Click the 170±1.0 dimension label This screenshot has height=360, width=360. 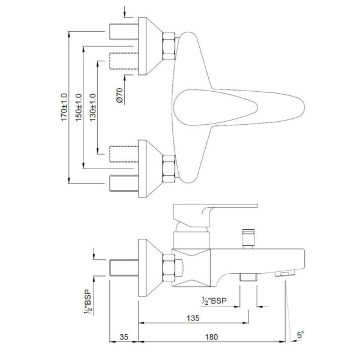(64, 107)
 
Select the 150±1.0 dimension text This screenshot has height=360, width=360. (79, 107)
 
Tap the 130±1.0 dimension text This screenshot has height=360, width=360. (93, 107)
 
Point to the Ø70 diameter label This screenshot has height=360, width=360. (119, 95)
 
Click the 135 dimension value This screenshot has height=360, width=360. (193, 318)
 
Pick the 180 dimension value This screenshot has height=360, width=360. (211, 337)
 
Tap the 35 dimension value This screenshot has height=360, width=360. (124, 337)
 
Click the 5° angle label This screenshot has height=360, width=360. (301, 335)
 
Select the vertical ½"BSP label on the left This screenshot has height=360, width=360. (88, 302)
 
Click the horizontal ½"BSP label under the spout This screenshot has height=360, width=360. (214, 301)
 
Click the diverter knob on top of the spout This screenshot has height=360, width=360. (248, 239)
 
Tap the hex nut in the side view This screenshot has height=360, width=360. (169, 268)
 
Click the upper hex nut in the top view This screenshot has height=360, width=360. (169, 46)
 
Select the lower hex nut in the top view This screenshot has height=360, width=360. (169, 169)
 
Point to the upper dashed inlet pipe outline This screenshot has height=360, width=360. (124, 61)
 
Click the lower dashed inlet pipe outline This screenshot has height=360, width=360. (124, 154)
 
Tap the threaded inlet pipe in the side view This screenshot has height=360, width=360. (124, 268)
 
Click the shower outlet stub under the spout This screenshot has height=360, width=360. (248, 277)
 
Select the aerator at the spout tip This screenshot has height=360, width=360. (285, 273)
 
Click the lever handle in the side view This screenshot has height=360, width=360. (215, 215)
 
